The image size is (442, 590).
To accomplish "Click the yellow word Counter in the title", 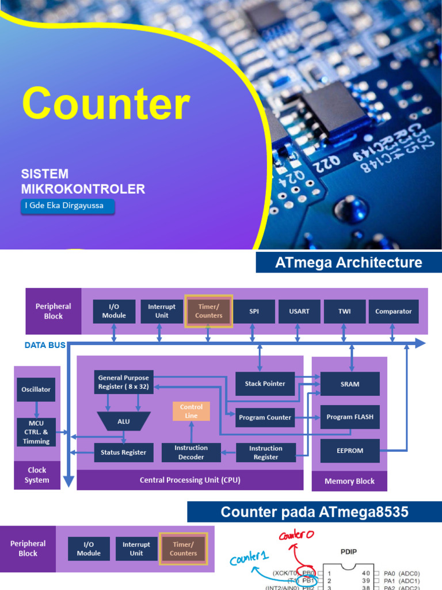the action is click(x=106, y=103).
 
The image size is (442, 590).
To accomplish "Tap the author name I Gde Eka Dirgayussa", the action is click(x=64, y=206).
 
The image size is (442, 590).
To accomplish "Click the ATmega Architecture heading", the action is click(x=348, y=262).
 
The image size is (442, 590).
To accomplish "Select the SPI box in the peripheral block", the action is click(x=254, y=311).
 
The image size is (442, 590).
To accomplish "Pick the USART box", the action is click(x=299, y=311).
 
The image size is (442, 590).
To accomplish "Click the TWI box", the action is click(x=344, y=311).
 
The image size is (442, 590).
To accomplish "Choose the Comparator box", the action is click(x=394, y=311).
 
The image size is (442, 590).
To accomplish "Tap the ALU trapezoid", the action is click(x=124, y=421).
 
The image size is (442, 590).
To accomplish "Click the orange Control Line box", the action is click(x=191, y=411).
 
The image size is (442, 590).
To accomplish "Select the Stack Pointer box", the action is click(x=265, y=383).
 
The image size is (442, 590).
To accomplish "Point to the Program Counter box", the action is click(x=265, y=417).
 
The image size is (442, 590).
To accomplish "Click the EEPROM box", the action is click(x=350, y=451).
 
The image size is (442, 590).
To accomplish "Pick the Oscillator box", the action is click(x=36, y=389).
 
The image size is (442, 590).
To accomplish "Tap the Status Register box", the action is click(x=124, y=452).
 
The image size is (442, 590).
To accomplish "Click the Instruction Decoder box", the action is click(x=191, y=452).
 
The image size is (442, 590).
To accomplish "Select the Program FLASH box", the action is click(x=350, y=417).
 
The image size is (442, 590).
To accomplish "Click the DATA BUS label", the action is click(x=45, y=345).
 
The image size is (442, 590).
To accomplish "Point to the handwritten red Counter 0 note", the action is click(x=296, y=534).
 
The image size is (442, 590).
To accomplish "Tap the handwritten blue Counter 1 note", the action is click(x=249, y=558).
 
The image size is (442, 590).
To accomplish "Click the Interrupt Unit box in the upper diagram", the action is click(x=162, y=311).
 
